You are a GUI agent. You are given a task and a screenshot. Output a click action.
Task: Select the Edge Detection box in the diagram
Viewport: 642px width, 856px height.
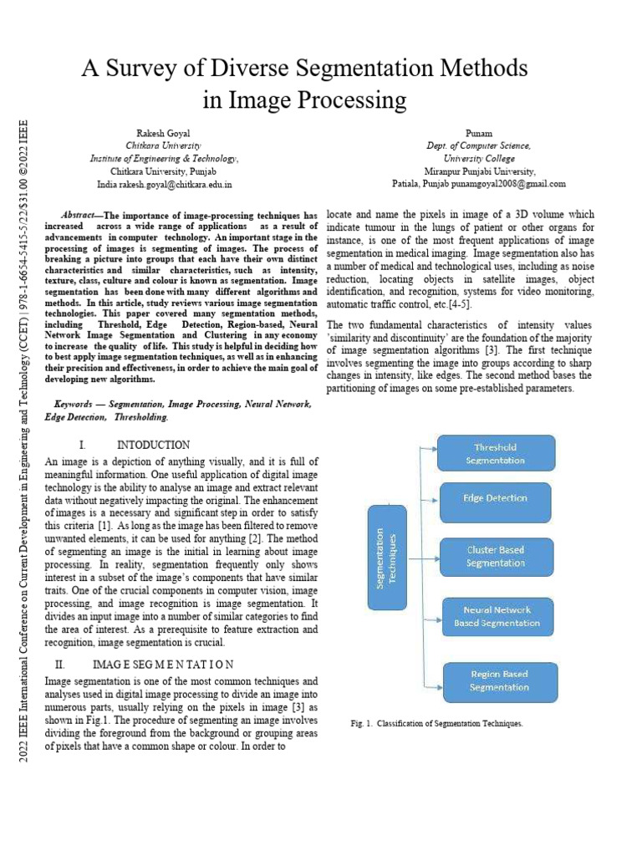pos(496,498)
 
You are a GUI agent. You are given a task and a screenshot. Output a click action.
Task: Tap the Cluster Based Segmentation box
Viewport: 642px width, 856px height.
pos(496,557)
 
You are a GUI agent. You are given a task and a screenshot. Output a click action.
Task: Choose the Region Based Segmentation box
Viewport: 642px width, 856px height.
pos(498,680)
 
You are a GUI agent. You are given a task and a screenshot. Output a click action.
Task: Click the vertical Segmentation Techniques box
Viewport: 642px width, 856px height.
pos(387,558)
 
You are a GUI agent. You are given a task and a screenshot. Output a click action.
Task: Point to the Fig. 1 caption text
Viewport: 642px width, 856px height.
pos(437,723)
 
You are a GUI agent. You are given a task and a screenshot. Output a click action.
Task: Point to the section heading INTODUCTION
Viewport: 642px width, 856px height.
pos(153,445)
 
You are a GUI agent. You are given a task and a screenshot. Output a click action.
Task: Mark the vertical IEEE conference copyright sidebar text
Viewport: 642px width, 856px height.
pos(23,443)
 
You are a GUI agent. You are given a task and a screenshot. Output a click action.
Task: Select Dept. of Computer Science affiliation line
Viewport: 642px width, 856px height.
pos(478,145)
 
